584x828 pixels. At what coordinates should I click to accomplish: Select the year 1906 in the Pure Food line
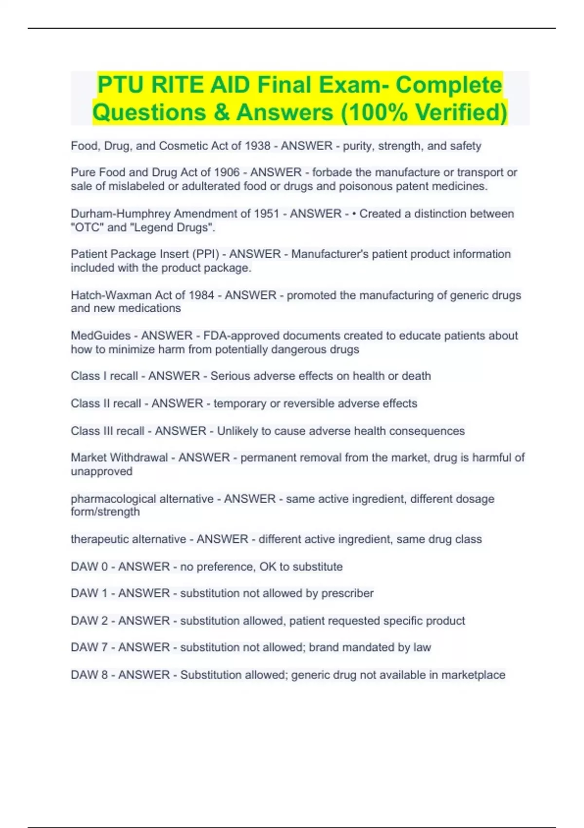[227, 172]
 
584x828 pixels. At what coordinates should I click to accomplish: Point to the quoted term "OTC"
[84, 227]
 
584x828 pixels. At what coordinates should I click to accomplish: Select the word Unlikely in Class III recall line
[237, 431]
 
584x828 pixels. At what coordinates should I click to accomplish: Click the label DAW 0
[89, 566]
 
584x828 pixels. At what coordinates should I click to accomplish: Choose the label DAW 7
[89, 647]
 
